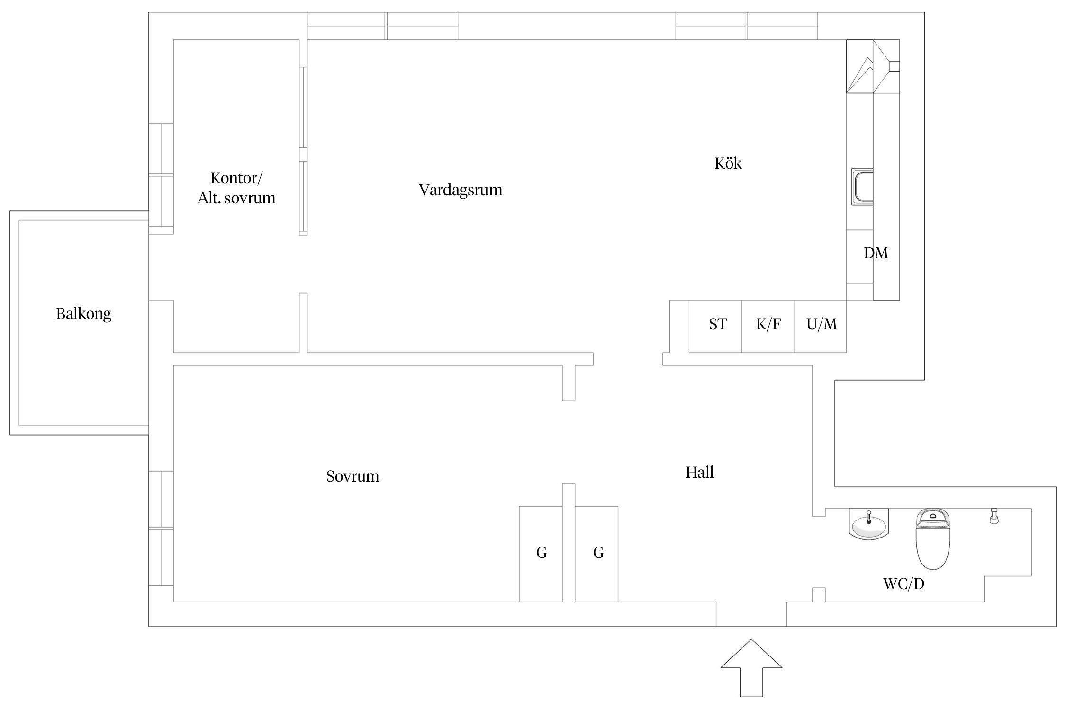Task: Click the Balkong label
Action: pyautogui.click(x=83, y=314)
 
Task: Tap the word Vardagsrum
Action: pyautogui.click(x=460, y=190)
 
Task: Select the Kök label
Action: pyautogui.click(x=728, y=164)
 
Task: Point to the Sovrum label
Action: pyautogui.click(x=352, y=476)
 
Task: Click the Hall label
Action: pyautogui.click(x=699, y=472)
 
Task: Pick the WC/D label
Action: pyautogui.click(x=903, y=584)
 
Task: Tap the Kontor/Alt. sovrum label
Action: pyautogui.click(x=236, y=188)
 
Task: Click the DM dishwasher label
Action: pyautogui.click(x=875, y=253)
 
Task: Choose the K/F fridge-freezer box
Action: pyautogui.click(x=768, y=326)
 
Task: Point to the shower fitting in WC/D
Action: pyautogui.click(x=994, y=516)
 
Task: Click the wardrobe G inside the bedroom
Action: pyautogui.click(x=541, y=554)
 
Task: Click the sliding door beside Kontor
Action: pyautogui.click(x=303, y=151)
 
